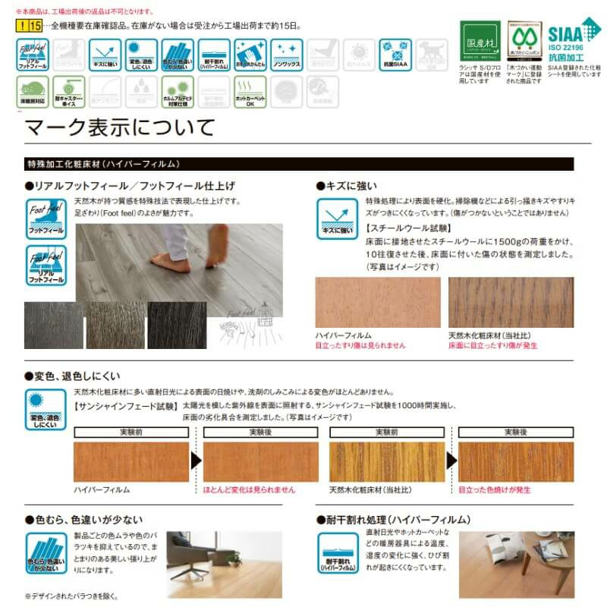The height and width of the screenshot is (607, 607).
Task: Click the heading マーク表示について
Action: click(121, 127)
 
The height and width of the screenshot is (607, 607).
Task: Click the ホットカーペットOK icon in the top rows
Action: click(250, 91)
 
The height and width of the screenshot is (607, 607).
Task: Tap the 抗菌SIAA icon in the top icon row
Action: click(395, 55)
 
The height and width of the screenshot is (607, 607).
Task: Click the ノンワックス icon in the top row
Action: click(286, 55)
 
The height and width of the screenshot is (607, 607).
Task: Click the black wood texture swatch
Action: click(176, 325)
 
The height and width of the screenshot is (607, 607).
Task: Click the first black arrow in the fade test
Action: click(196, 461)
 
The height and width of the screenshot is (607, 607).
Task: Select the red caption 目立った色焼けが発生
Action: click(495, 489)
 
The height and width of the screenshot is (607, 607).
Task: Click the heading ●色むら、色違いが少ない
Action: click(83, 520)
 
